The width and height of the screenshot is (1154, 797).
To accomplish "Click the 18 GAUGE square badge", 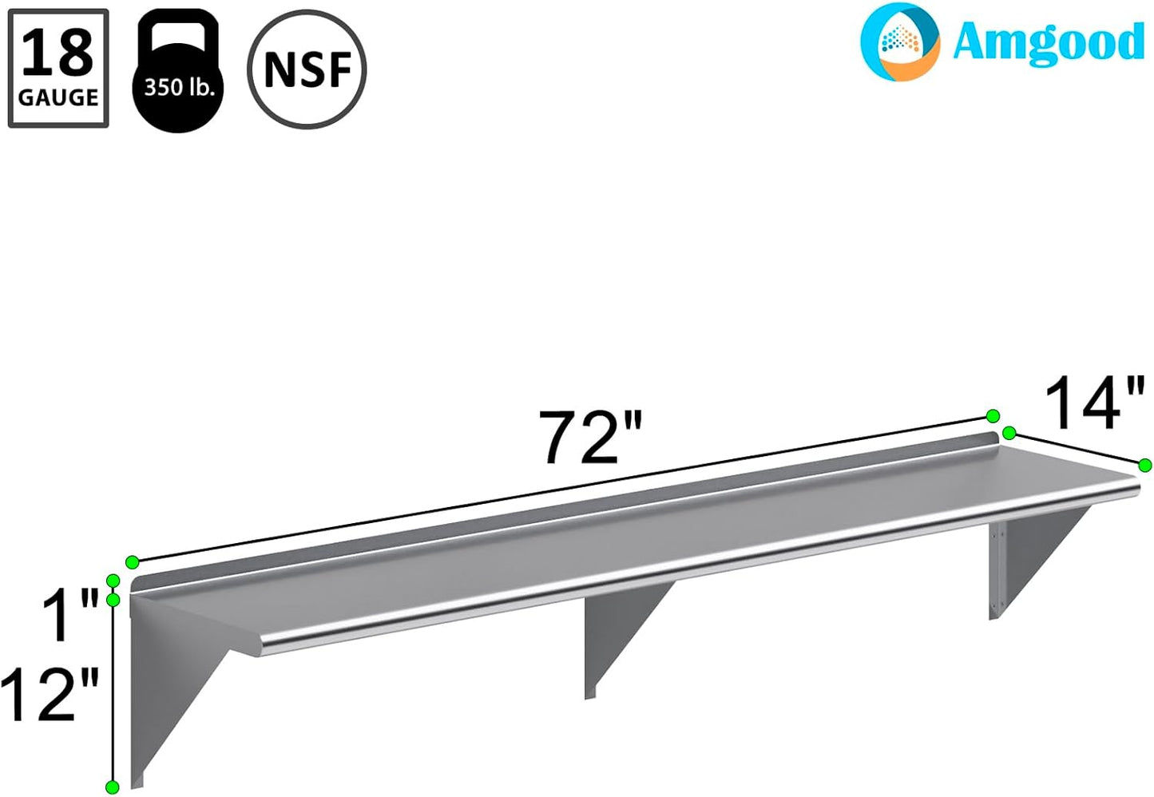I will point(58,69).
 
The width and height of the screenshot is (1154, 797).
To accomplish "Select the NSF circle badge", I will point(307,69).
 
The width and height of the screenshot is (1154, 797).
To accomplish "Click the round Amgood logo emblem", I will point(900,42).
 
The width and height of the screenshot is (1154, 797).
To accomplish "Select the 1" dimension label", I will point(70,616).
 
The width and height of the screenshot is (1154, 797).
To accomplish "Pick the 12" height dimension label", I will point(50,695).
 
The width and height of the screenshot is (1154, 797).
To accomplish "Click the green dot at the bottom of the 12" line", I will point(113,787).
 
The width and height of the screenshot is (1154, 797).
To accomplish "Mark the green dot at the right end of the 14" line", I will point(1145,466).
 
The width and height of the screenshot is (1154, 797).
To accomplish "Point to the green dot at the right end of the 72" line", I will point(993,416).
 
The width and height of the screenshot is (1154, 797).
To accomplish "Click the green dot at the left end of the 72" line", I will point(133,562).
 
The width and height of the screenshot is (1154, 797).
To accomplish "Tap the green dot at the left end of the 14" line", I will point(1009,434).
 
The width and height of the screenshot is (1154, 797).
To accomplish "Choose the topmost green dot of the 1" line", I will point(113,581).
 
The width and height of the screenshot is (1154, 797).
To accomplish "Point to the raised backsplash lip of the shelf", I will point(559,511).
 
